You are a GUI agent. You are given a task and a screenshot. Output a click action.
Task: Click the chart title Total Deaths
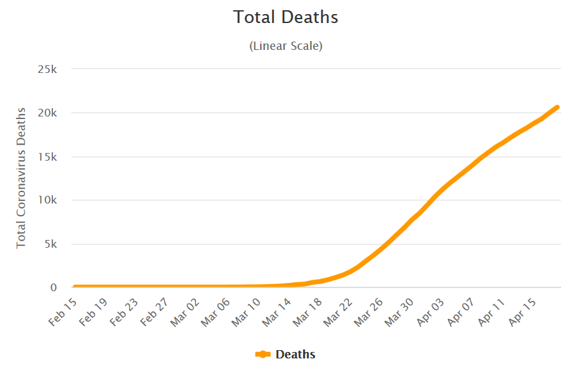pyautogui.click(x=286, y=17)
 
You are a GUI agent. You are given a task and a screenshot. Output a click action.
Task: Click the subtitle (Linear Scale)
pyautogui.click(x=286, y=46)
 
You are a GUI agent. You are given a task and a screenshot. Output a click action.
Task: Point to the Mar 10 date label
pyautogui.click(x=246, y=312)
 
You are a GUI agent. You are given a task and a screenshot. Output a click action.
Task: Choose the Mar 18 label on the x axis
pyautogui.click(x=308, y=312)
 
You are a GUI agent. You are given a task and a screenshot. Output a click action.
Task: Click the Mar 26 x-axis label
pyautogui.click(x=370, y=312)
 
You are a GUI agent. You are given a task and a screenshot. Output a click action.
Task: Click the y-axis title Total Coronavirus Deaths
pyautogui.click(x=22, y=178)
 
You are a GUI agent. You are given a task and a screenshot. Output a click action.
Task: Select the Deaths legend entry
pyautogui.click(x=286, y=354)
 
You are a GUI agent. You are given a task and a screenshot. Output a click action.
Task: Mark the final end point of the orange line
pyautogui.click(x=557, y=107)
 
